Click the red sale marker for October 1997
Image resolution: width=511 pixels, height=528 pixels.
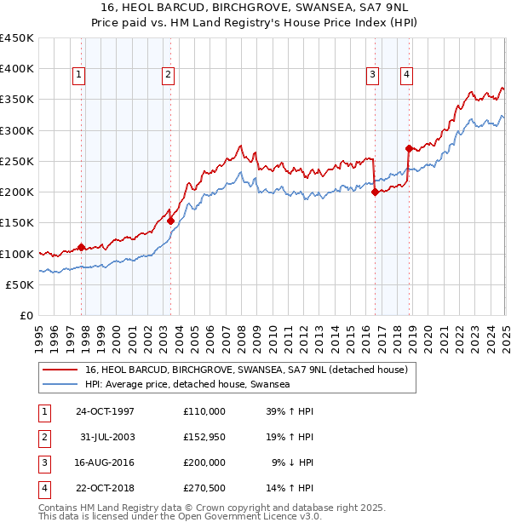(x=82, y=248)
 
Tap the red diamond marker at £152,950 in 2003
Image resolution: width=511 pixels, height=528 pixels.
(x=171, y=221)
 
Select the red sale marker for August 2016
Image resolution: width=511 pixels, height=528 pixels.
(x=375, y=192)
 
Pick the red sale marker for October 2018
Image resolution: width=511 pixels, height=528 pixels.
(x=409, y=148)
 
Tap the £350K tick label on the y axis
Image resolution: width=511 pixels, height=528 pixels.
(x=17, y=100)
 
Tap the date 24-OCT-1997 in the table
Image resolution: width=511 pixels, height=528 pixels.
(x=105, y=411)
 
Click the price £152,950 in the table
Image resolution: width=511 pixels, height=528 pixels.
(x=204, y=437)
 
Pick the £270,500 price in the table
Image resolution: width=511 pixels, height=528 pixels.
(x=204, y=488)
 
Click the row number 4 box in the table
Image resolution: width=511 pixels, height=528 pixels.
(x=43, y=488)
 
